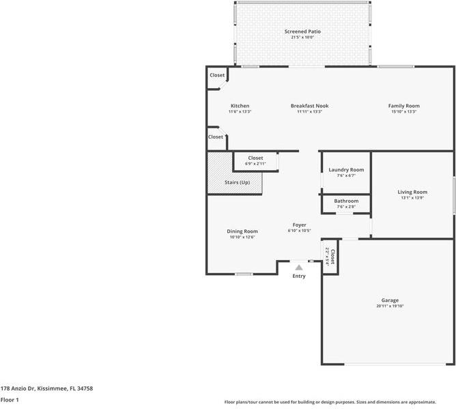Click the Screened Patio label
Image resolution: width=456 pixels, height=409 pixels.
302,31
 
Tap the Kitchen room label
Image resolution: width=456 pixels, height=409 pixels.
240,106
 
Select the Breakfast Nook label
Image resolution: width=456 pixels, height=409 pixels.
309,106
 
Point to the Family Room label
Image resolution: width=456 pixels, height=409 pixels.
403,106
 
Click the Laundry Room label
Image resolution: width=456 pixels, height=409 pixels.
346,169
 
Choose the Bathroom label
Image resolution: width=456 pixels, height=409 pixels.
346,201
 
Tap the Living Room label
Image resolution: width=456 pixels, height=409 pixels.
412,192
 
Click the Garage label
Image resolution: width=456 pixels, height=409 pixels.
390,300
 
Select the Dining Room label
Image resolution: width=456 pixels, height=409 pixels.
242,231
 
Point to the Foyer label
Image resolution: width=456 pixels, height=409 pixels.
299,225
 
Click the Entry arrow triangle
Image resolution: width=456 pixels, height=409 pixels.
299,268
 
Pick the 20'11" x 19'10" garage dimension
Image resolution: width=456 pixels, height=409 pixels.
390,306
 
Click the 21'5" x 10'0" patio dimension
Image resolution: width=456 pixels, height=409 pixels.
302,37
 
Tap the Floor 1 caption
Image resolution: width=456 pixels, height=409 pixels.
9,400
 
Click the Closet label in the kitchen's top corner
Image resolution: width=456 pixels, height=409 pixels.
217,75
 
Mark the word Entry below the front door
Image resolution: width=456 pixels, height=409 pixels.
299,276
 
